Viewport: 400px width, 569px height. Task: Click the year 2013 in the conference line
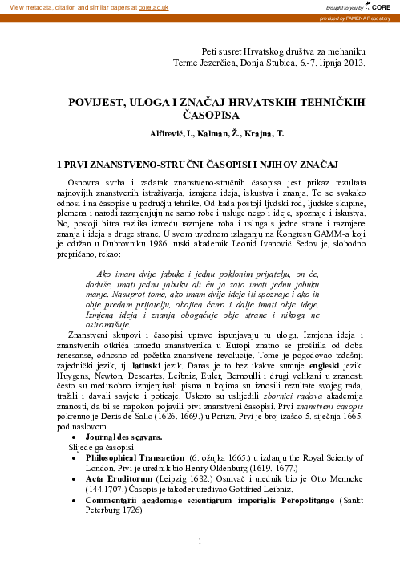tap(357, 62)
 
